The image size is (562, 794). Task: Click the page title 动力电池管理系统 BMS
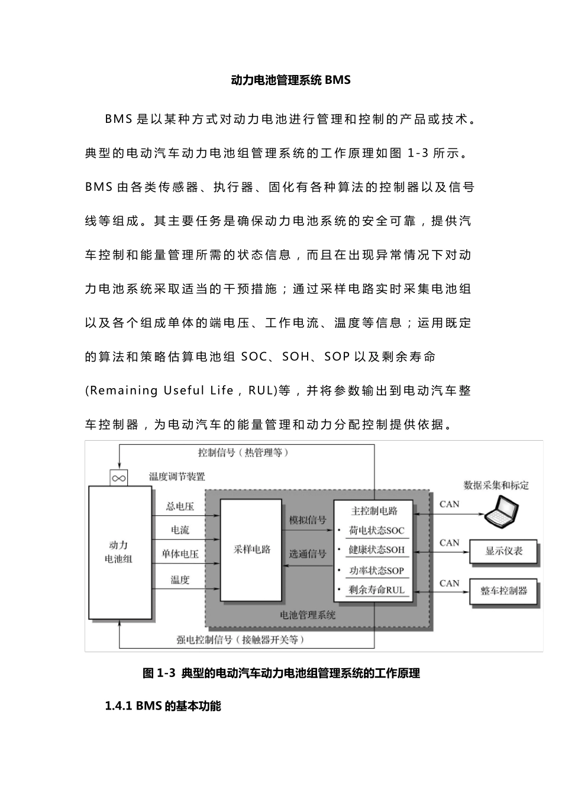tap(290, 80)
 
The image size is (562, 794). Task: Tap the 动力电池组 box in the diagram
tap(119, 552)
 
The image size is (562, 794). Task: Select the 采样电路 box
tap(251, 550)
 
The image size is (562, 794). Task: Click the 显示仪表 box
tap(503, 552)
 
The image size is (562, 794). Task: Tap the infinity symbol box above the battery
tap(119, 478)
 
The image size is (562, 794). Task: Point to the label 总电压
tap(180, 506)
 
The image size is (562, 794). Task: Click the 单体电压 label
tap(180, 554)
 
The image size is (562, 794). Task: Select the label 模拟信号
tap(307, 520)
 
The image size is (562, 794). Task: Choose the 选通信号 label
tap(307, 554)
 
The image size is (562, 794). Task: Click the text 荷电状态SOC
tap(377, 531)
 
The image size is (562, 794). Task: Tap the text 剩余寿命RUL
tap(377, 590)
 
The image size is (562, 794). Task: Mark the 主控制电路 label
tap(374, 511)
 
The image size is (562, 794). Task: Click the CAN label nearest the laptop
tap(449, 504)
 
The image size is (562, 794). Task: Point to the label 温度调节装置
tap(177, 476)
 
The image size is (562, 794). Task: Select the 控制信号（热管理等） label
tap(243, 453)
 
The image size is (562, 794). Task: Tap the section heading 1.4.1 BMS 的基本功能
tap(163, 706)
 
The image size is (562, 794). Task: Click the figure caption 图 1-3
tap(282, 673)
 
